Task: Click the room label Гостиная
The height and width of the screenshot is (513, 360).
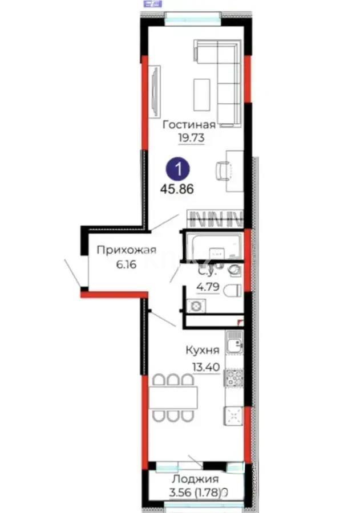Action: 189,125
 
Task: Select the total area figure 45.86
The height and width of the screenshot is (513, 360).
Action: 178,189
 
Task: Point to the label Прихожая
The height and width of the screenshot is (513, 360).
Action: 126,249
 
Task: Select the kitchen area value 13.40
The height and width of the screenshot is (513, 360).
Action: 204,367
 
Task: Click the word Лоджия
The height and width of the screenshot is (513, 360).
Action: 196,479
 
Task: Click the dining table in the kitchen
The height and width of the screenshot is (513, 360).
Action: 173,397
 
